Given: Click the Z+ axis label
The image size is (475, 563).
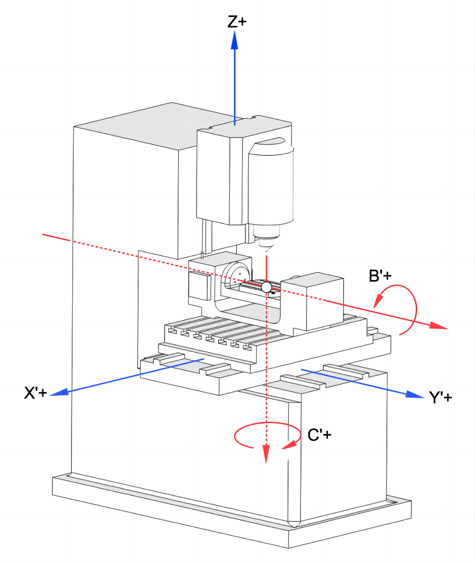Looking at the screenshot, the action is coord(237,22).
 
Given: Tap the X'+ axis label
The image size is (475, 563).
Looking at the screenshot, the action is coord(35,393).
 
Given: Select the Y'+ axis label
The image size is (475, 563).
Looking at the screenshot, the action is coord(440,397).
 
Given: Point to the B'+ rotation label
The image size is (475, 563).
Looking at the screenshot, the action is coord(380,276).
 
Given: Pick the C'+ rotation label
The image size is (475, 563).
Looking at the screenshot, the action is coord(319,435).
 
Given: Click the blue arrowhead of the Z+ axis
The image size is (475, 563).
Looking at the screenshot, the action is coord(235,40).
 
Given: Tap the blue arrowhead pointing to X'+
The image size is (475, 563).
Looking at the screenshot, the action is coord(59,392).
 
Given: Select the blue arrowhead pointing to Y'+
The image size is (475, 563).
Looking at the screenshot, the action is coord(415,395).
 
